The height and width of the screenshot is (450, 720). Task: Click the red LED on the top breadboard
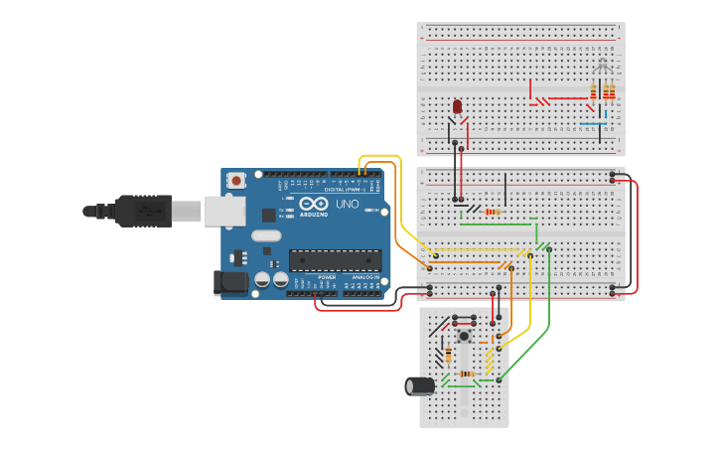pyautogui.click(x=457, y=106)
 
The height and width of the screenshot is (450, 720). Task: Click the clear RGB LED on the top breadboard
pyautogui.click(x=602, y=68)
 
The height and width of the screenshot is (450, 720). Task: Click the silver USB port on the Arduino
pyautogui.click(x=224, y=211)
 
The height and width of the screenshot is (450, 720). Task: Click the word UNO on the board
pyautogui.click(x=347, y=205)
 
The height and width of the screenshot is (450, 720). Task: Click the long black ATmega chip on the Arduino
pyautogui.click(x=335, y=260)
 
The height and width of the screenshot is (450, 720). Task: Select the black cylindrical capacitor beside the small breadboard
pyautogui.click(x=419, y=385)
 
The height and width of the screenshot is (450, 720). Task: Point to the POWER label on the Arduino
pyautogui.click(x=327, y=277)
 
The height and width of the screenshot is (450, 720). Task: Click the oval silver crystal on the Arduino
pyautogui.click(x=266, y=236)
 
